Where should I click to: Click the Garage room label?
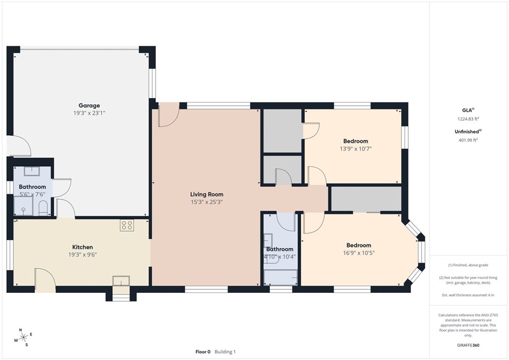89,105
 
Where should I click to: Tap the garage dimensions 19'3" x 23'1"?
89,113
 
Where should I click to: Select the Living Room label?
206,194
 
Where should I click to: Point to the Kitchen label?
83,247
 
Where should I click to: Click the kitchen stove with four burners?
127,225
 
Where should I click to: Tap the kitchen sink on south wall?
121,281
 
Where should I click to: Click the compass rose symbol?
21,338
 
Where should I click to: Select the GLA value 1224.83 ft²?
467,119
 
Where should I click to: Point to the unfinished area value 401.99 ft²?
467,140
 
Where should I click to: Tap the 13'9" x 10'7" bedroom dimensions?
355,148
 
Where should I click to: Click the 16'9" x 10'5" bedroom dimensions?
358,253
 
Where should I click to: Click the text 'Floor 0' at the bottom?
203,352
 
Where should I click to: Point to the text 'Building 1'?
225,352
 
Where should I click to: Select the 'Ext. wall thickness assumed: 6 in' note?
468,295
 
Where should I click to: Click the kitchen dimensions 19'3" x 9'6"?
83,255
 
